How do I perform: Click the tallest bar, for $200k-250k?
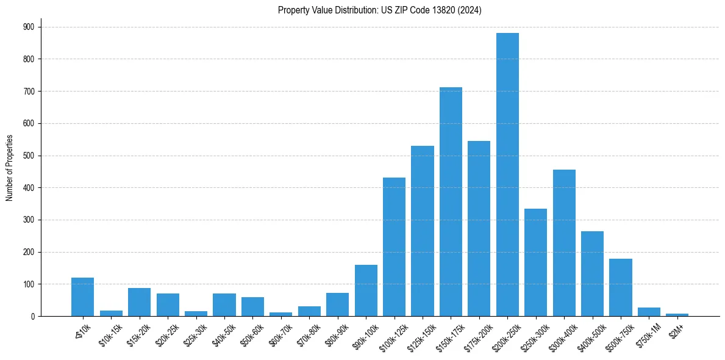coord(507,175)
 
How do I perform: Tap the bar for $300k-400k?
coord(564,243)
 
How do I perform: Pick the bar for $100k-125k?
coord(394,247)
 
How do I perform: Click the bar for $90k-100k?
coord(366,290)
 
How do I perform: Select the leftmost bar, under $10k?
coord(82,297)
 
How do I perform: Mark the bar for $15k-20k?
coord(139,302)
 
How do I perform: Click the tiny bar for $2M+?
coord(677,315)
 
